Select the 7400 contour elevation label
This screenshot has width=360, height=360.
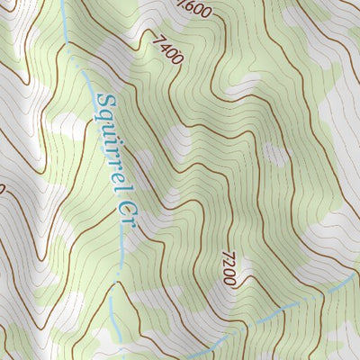(x=168, y=49)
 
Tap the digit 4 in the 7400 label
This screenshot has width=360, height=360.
(x=166, y=48)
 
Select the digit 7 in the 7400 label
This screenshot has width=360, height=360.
(x=160, y=40)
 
